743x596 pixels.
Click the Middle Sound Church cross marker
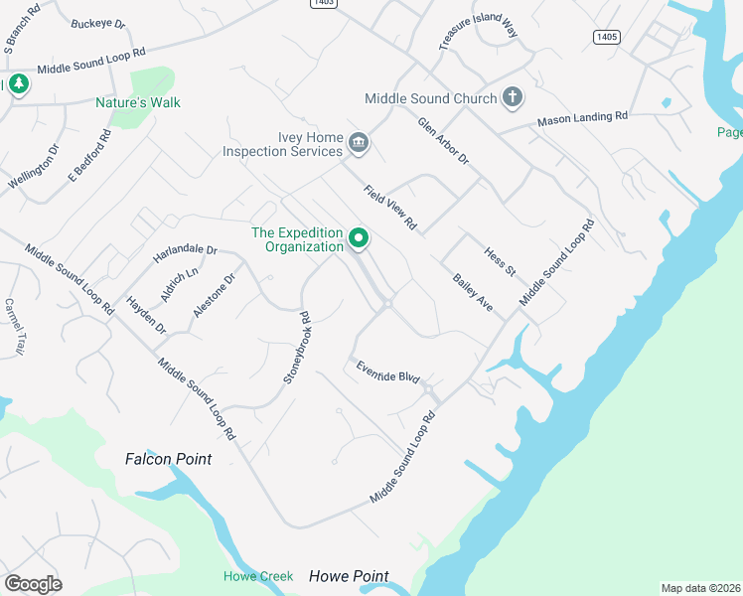coord(512,97)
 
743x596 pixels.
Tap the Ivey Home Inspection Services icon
coord(359,145)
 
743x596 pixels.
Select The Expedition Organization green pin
coord(359,239)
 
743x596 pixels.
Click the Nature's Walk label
coord(138,102)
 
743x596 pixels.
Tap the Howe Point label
coord(349,576)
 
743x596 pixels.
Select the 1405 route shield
coord(607,37)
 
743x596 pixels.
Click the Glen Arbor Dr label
coord(442,141)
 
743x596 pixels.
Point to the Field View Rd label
coord(389,209)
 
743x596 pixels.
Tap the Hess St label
coord(500,262)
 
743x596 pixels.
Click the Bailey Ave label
coord(473,292)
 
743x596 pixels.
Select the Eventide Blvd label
coord(388,372)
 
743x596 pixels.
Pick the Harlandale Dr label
coord(185,253)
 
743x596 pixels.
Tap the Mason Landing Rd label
coord(583,118)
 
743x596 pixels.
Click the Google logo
coord(34,583)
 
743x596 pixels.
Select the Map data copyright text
coord(700,588)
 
